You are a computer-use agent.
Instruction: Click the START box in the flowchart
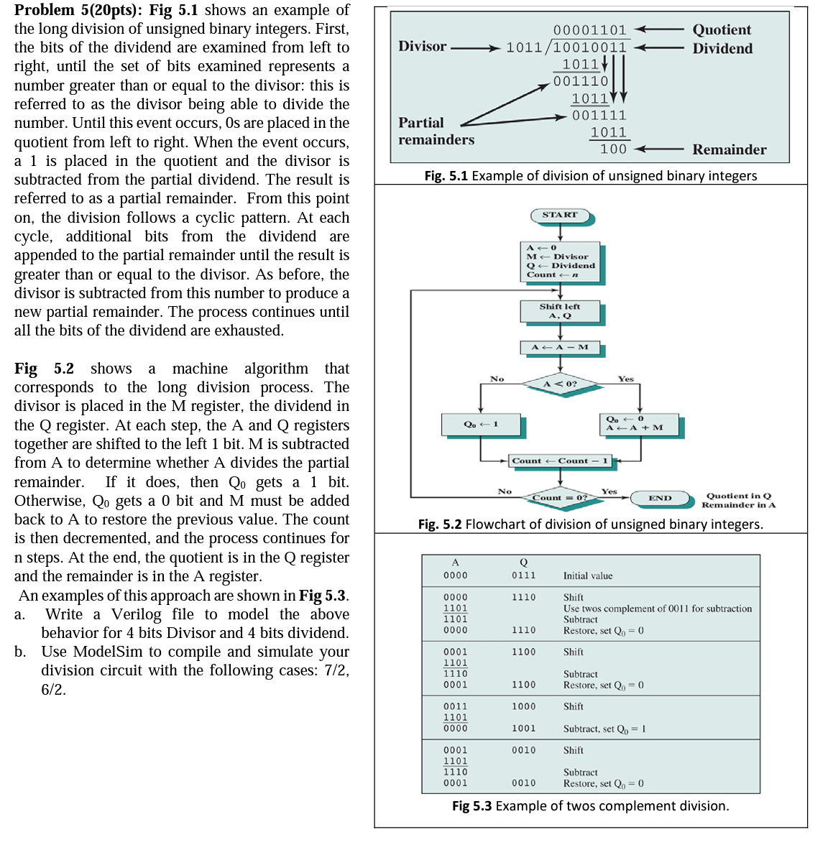point(560,215)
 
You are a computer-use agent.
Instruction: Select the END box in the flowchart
point(660,498)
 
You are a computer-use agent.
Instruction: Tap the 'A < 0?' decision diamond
point(560,384)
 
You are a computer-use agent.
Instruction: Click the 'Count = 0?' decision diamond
point(560,497)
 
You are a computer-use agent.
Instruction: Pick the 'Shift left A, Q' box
point(560,311)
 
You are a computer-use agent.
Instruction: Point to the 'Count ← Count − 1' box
point(560,461)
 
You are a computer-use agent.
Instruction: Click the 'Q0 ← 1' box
point(481,424)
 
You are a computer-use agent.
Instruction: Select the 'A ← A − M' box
point(560,348)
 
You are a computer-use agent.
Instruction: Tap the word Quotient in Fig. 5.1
point(722,29)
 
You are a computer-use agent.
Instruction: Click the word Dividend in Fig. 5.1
point(722,48)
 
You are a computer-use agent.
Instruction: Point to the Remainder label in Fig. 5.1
point(729,149)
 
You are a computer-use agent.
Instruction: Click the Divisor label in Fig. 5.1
point(423,46)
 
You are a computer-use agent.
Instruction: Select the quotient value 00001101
point(589,29)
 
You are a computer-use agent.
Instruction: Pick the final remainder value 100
point(613,149)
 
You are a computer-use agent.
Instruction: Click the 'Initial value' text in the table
point(588,576)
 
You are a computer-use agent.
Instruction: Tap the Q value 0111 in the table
point(523,576)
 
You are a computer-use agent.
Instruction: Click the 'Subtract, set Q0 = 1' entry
point(604,729)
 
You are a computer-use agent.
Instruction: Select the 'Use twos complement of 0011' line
point(657,609)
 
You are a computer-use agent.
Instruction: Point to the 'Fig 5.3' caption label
point(471,805)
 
